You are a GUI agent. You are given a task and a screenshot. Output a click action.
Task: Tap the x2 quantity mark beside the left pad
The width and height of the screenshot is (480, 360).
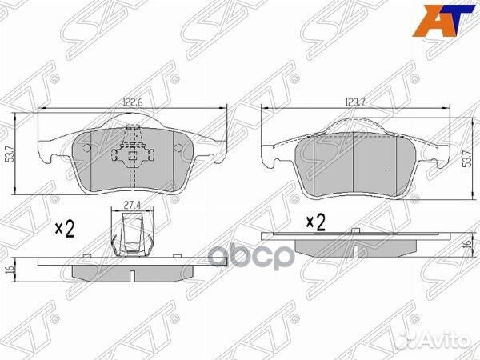coord(65,230)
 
